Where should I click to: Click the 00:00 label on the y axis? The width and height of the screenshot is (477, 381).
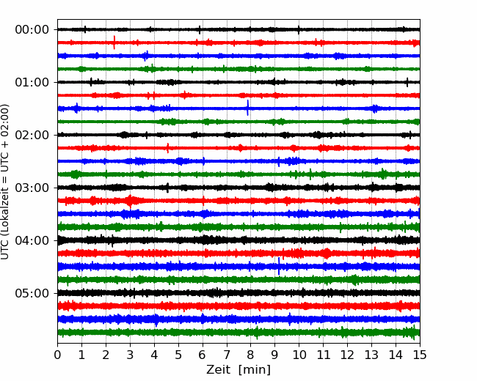(x=32, y=30)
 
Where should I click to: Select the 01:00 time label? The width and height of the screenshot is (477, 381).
(x=32, y=82)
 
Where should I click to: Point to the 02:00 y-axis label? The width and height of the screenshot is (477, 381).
(x=32, y=135)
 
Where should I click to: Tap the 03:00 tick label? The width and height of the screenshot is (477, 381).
(x=32, y=188)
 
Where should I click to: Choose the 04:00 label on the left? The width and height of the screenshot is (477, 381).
(x=32, y=240)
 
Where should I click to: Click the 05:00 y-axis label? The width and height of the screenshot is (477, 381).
(x=32, y=293)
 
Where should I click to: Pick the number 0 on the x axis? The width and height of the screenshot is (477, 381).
(x=57, y=355)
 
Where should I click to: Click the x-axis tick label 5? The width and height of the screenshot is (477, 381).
(x=178, y=355)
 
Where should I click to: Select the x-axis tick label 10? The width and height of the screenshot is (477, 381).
(x=299, y=355)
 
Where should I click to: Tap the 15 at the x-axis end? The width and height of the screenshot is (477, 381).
(x=420, y=355)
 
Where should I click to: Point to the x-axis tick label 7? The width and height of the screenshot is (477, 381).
(x=227, y=355)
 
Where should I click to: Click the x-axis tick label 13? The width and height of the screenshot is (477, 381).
(x=371, y=355)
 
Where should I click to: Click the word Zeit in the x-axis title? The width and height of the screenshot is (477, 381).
(x=219, y=370)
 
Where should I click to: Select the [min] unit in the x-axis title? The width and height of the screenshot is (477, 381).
(x=255, y=370)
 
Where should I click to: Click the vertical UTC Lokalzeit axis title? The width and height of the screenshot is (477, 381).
(x=5, y=182)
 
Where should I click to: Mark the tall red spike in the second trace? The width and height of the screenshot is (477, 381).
(x=114, y=42)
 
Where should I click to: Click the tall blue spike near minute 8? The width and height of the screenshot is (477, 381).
(x=247, y=108)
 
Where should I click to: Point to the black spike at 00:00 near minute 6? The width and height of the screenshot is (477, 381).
(x=200, y=30)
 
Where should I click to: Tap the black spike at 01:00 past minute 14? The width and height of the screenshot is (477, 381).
(x=407, y=82)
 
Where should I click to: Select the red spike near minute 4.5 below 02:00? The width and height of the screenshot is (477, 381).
(x=167, y=148)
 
